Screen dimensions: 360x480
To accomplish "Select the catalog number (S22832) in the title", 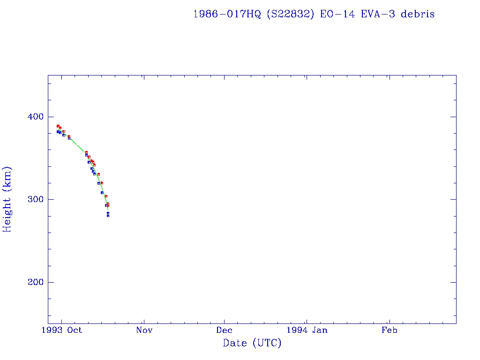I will click(x=290, y=14).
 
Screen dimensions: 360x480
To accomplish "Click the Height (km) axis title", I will click(x=7, y=199).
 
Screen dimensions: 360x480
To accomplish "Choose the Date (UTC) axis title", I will click(x=252, y=343).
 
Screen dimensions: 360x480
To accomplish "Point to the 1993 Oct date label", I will click(x=61, y=330).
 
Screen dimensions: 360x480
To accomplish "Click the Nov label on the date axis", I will click(x=144, y=330).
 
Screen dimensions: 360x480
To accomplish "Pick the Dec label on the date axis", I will click(x=224, y=330).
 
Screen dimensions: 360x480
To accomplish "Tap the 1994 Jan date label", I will click(x=307, y=330).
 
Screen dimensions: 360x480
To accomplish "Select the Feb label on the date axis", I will click(x=389, y=330).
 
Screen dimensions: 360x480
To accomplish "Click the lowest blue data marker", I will click(x=108, y=216).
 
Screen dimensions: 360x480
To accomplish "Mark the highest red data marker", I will click(x=58, y=126).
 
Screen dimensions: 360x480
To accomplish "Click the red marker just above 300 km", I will click(x=106, y=196).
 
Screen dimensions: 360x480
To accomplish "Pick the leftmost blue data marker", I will click(x=58, y=132).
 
